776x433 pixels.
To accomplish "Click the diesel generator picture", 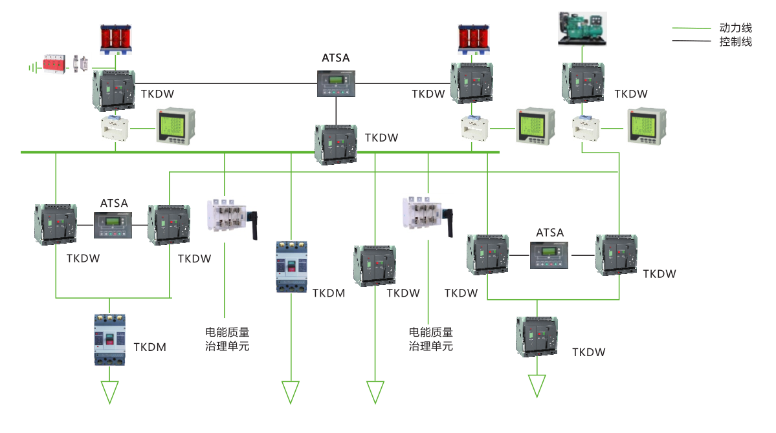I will coord(582,29).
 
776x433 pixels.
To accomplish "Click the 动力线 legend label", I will coord(735,28).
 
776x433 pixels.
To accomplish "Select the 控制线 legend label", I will coord(735,42).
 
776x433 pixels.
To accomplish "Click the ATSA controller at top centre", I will coord(335,83).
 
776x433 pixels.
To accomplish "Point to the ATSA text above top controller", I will coord(335,58).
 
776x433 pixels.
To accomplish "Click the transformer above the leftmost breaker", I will coord(116,38).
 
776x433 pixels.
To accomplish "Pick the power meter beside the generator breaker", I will coord(645,126).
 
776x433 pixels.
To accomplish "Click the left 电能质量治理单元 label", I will coord(227,339).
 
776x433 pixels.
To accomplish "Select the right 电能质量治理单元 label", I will coord(430,339).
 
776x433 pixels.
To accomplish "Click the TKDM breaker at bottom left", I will coord(113,340).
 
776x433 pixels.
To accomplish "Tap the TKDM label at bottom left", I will coord(150,347).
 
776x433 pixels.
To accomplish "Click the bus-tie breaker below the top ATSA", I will coord(336,143).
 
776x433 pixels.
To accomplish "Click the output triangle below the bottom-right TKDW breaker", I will coord(537,386).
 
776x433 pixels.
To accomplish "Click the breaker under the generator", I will coord(584,83).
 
